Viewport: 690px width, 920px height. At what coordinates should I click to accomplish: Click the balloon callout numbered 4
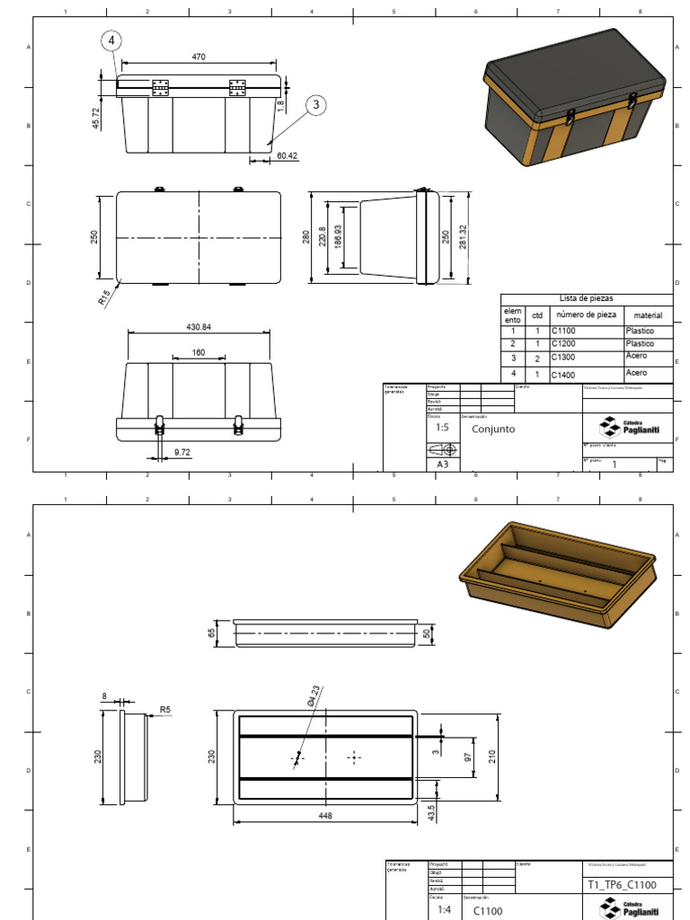point(111,40)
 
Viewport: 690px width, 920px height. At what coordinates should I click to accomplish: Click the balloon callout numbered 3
point(315,105)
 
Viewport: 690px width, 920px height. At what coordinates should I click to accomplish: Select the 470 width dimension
point(199,57)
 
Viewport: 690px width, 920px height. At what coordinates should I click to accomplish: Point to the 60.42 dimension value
point(287,155)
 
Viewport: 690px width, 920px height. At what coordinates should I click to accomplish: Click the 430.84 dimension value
point(199,327)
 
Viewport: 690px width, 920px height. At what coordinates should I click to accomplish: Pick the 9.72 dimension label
point(183,451)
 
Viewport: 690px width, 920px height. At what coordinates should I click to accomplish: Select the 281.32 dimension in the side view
point(463,237)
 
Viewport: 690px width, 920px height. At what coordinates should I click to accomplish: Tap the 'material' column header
point(648,315)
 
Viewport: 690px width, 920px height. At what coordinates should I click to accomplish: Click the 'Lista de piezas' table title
point(586,298)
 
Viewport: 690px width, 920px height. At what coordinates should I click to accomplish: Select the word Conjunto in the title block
point(493,429)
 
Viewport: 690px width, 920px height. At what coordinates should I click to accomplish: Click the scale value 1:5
point(442,428)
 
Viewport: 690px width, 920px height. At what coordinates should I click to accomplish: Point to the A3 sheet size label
point(442,464)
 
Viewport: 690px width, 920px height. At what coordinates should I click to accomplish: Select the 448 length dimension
point(325,816)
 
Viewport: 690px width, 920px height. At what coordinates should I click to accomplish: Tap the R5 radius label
point(164,710)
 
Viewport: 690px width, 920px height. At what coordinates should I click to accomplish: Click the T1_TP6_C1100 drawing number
point(621,885)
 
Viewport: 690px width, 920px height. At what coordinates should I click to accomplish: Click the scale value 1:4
point(444,909)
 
